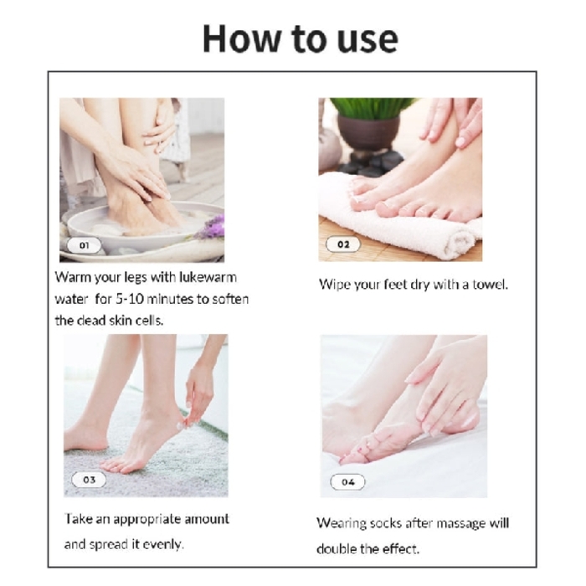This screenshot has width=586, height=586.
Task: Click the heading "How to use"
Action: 300,39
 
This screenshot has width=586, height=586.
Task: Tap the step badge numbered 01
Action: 85,245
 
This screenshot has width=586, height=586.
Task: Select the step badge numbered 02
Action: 343,244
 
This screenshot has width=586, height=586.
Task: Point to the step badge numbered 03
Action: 89,480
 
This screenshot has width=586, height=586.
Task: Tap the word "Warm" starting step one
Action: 73,276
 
